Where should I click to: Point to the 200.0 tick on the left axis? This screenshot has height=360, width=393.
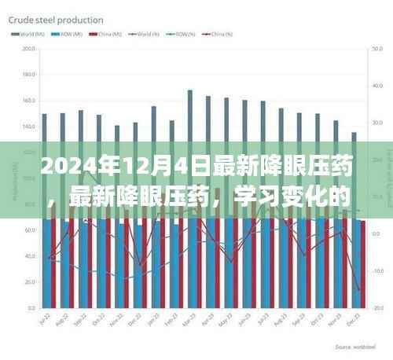point(30,50)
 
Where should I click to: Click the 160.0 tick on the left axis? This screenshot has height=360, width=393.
point(30,101)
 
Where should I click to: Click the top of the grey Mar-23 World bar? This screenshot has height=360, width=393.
point(190,91)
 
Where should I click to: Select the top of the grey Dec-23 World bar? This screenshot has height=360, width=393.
point(354,133)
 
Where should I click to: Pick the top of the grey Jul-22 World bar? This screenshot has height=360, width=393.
point(45,115)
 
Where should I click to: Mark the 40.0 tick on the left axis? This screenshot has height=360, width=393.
point(30,256)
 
